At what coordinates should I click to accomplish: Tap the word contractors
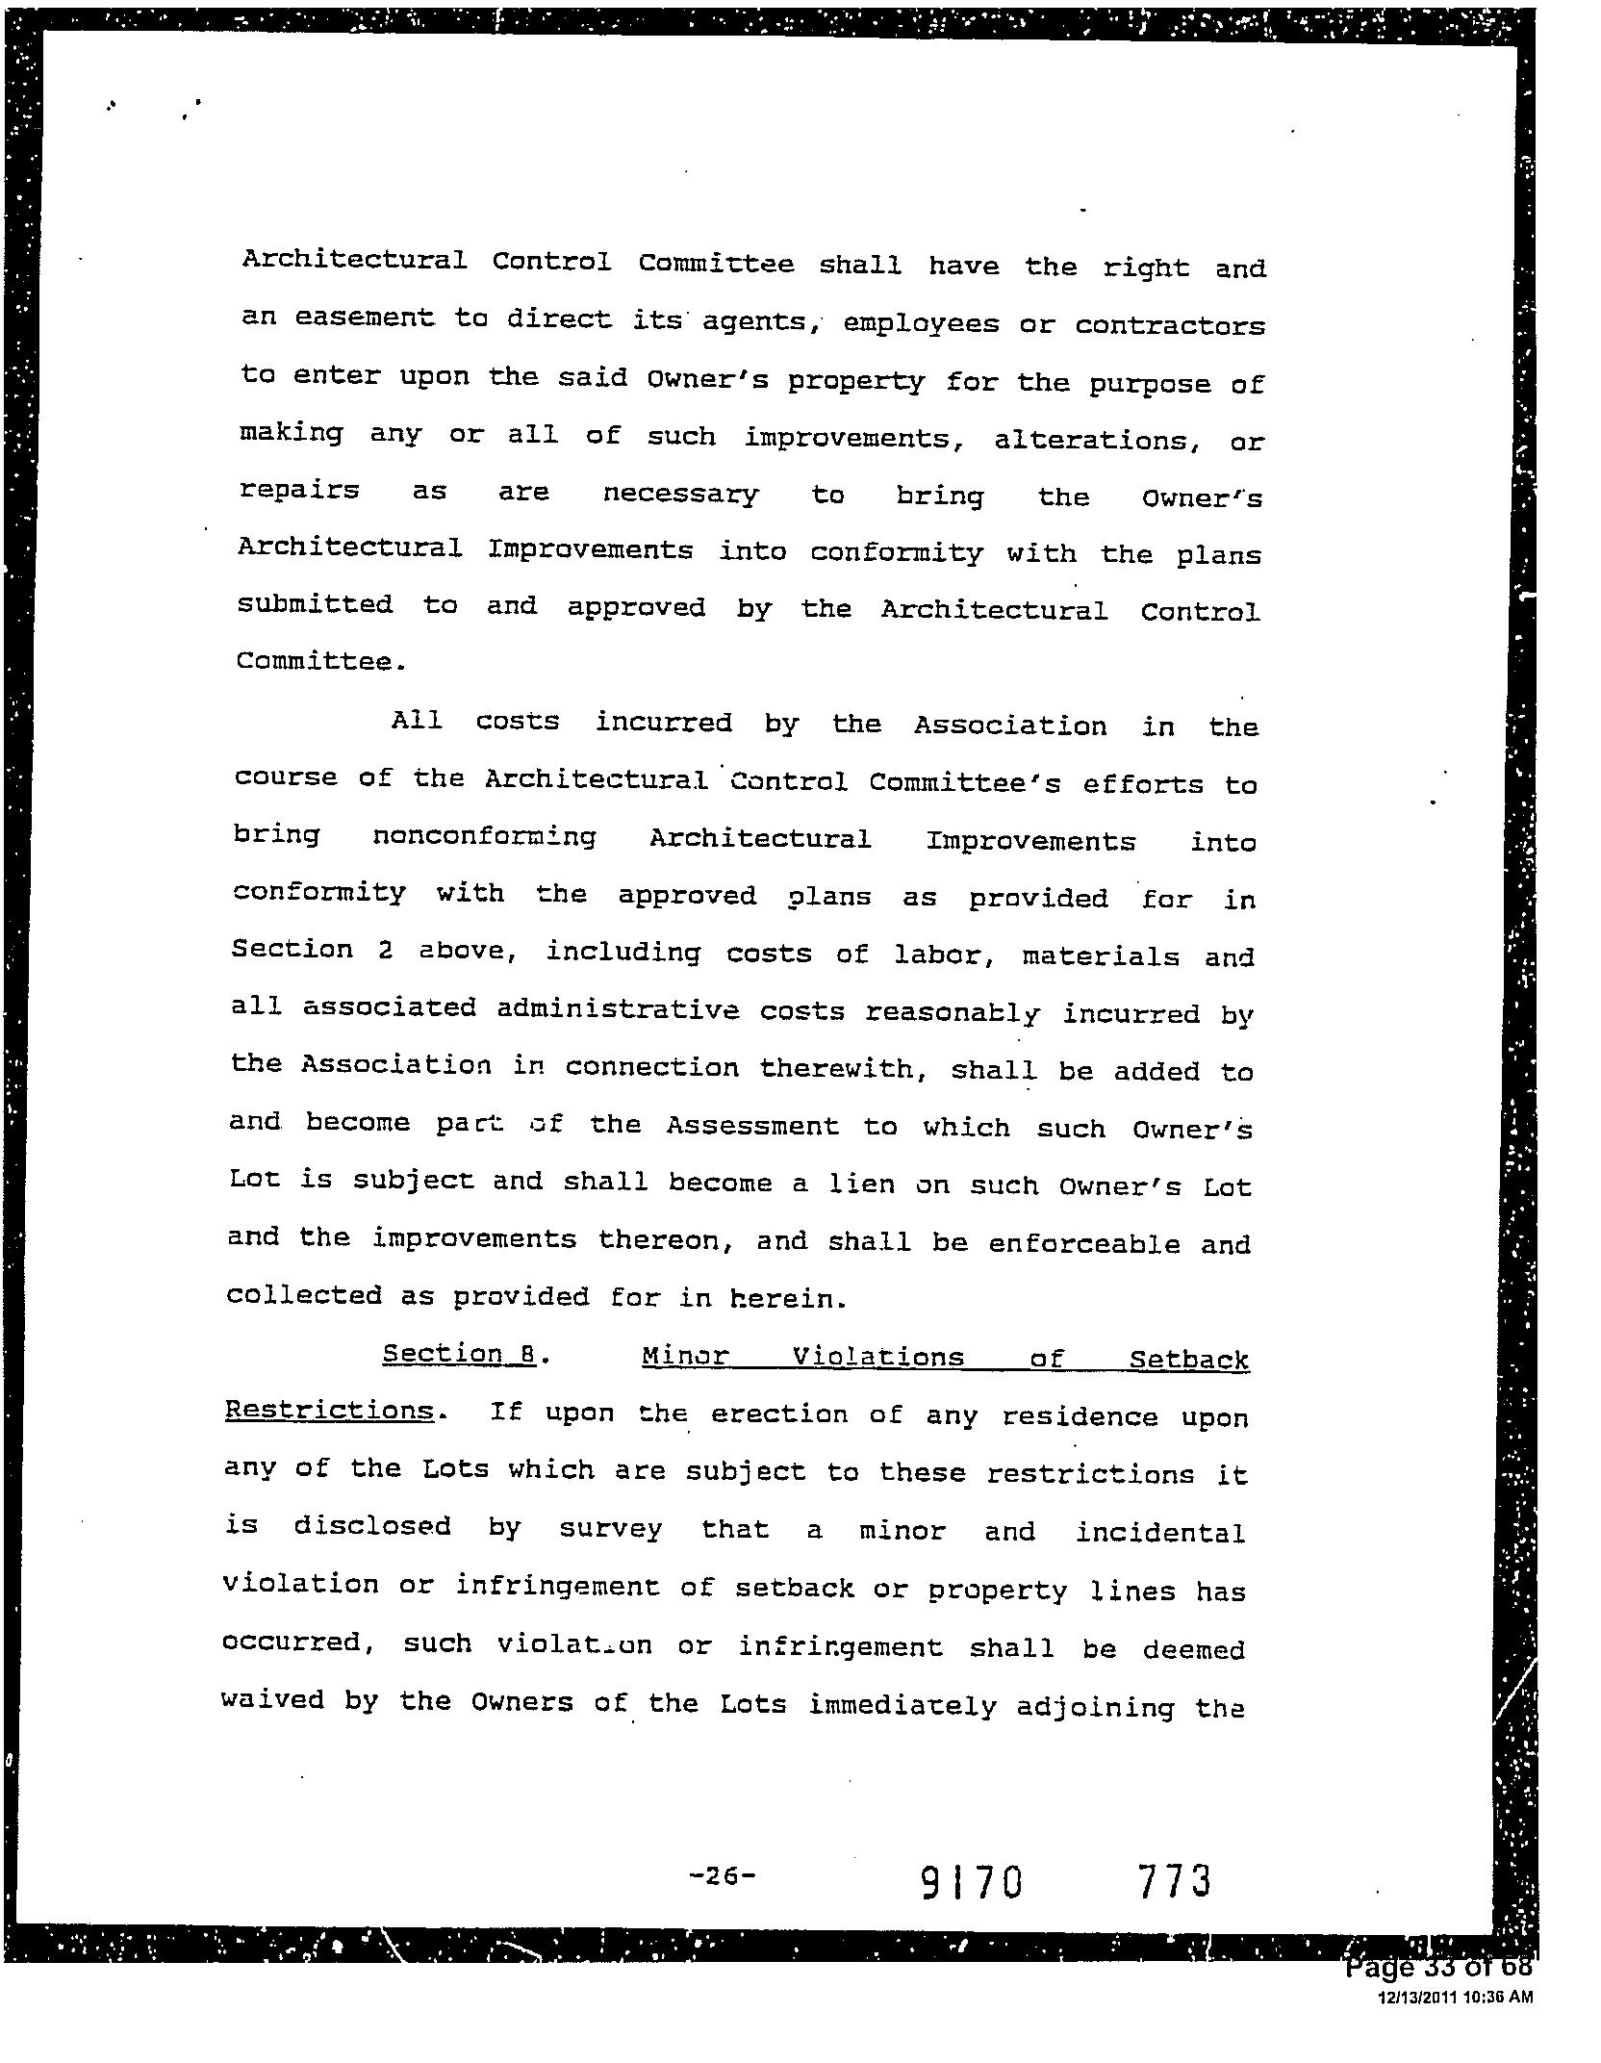1170,325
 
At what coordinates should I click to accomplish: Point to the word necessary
680,496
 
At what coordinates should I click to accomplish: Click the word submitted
315,604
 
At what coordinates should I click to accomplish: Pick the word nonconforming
484,837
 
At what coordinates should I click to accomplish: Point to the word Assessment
752,1126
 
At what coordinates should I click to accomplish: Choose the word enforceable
1083,1243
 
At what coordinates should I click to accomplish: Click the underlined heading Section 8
459,1354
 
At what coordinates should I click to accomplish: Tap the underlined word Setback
1189,1360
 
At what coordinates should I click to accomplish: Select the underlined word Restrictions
329,1411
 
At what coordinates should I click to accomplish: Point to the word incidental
1160,1531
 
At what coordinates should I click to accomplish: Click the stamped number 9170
973,1882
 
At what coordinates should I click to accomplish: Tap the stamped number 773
1174,1880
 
